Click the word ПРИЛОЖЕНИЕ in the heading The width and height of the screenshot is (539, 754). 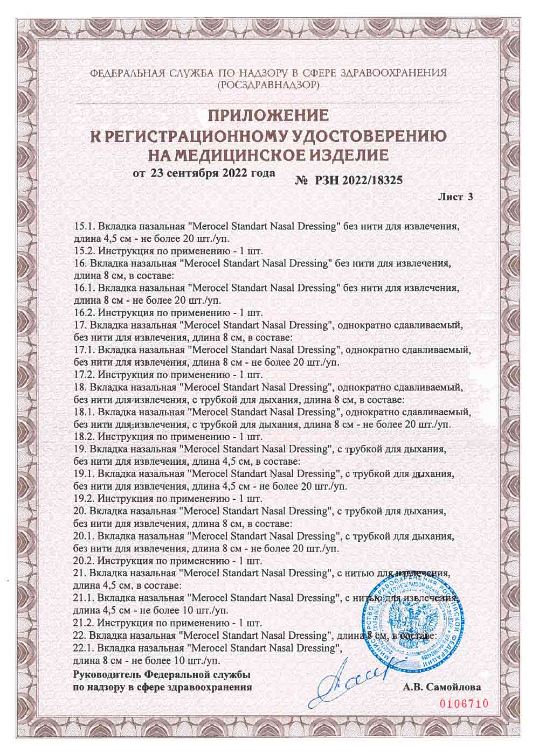click(268, 116)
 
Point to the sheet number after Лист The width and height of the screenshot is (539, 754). click(470, 197)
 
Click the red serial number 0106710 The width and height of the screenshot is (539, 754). click(464, 704)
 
